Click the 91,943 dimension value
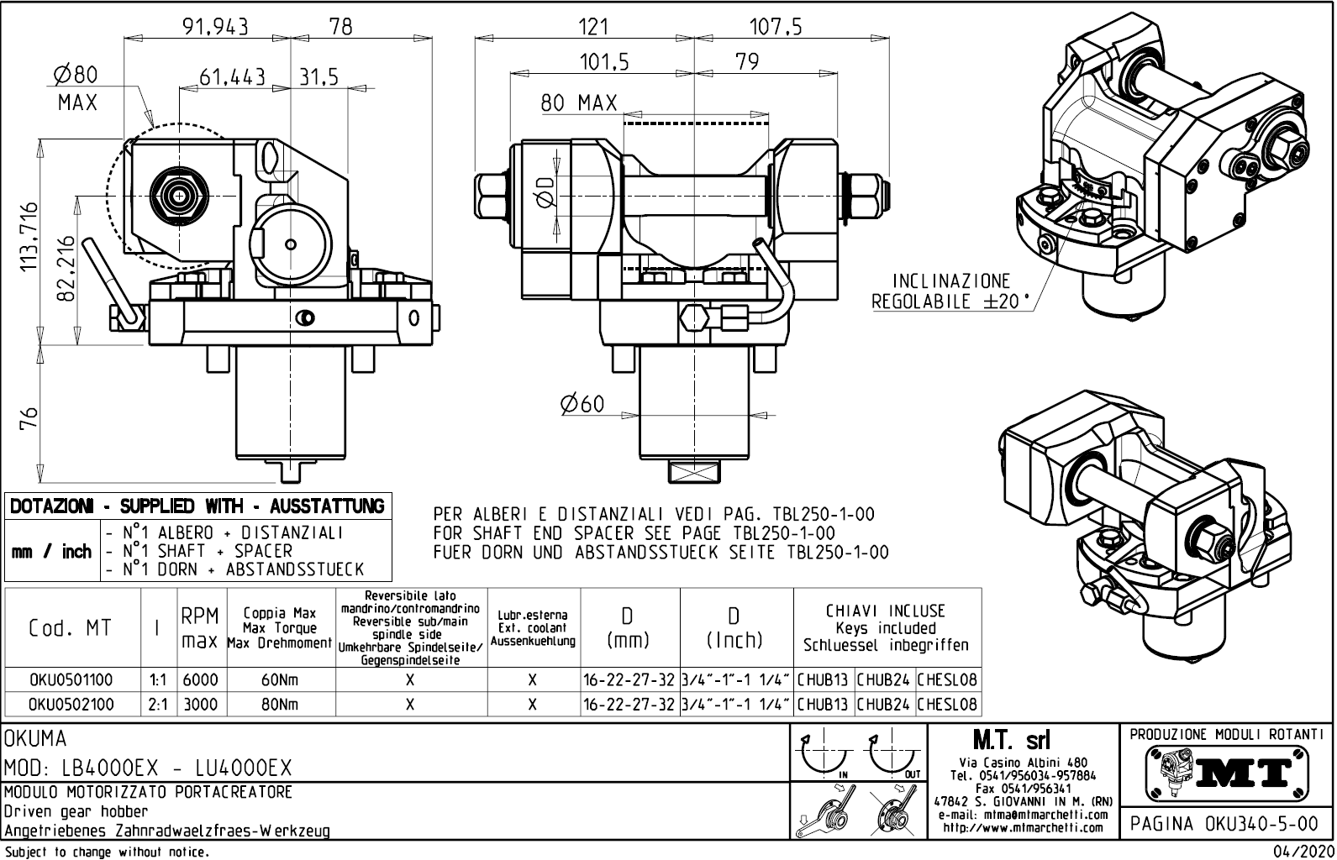click(215, 26)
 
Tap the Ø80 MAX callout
click(76, 88)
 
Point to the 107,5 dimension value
click(775, 26)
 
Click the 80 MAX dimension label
click(578, 103)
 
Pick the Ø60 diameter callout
click(582, 404)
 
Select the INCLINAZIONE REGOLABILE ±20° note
click(950, 291)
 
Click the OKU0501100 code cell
click(71, 679)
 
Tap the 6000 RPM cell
click(200, 679)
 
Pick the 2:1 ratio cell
click(157, 704)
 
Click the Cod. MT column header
click(71, 628)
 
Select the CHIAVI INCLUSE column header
click(886, 628)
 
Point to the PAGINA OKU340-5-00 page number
click(1224, 823)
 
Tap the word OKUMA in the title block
click(35, 739)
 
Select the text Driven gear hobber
click(76, 811)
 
